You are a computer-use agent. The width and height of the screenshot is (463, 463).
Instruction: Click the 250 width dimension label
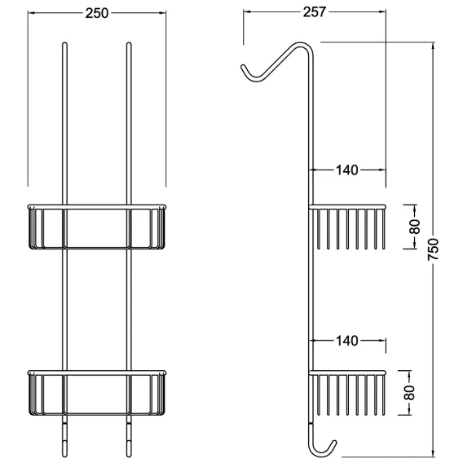[97, 13]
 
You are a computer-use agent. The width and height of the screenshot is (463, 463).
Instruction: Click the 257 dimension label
[315, 12]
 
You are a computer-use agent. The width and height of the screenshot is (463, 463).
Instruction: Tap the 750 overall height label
[433, 249]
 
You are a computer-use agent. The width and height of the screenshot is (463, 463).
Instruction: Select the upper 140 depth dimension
[347, 170]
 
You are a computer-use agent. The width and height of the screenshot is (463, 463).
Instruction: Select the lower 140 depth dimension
[347, 341]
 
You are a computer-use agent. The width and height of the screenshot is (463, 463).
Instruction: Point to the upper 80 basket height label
[415, 227]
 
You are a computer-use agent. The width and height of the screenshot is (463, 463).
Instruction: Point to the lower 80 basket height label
[409, 392]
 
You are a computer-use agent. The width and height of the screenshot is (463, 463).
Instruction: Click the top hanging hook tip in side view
[243, 67]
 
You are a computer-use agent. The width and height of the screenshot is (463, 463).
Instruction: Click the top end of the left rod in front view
[65, 44]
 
